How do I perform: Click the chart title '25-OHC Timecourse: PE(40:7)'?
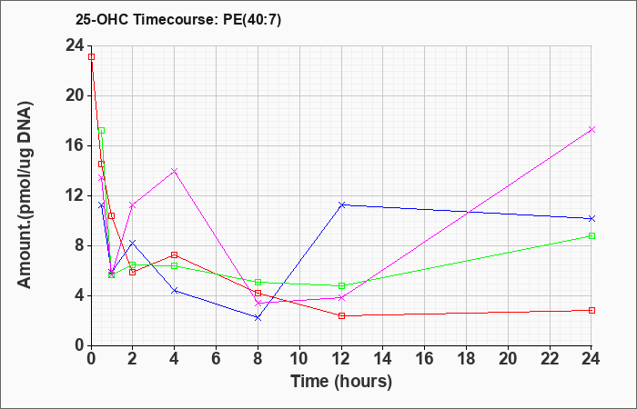pos(178,20)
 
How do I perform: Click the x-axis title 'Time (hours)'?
pos(341,382)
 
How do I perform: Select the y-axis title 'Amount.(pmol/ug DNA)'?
pos(25,195)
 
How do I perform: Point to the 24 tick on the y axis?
pos(76,45)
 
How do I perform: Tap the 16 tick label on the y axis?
pos(76,145)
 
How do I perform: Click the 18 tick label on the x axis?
pos(466,359)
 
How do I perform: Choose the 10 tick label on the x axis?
pos(299,359)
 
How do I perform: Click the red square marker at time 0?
pos(91,56)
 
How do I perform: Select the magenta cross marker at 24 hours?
pos(591,129)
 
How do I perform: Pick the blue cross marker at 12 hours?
pos(341,204)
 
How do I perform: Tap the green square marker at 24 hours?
pos(591,235)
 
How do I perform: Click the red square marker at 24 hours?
pos(591,311)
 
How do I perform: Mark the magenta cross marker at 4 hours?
pos(175,171)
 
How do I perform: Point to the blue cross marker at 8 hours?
pos(258,318)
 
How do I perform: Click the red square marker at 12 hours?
pos(341,315)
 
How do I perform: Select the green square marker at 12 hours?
pos(341,285)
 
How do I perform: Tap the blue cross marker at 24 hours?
pos(591,219)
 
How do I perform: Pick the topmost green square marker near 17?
pos(102,130)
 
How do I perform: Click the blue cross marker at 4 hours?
pos(175,291)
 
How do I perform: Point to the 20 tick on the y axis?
pos(76,95)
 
